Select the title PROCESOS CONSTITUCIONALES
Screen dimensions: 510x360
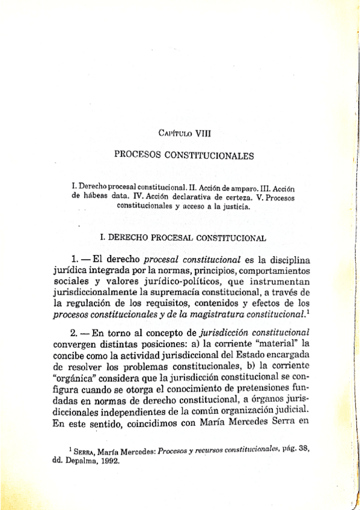pos(184,155)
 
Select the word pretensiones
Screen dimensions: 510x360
pos(274,386)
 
